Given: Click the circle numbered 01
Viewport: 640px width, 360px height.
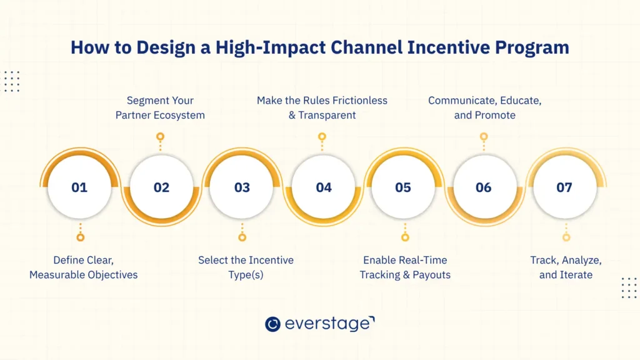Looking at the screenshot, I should (79, 187).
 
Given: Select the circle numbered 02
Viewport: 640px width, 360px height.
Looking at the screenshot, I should (161, 187).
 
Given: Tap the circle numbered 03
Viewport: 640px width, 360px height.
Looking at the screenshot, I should (241, 187).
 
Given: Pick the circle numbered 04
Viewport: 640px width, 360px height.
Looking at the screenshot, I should (322, 187).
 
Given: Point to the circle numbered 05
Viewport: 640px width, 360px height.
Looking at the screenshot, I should (403, 187).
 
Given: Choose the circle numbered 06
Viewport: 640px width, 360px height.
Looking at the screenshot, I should (484, 187).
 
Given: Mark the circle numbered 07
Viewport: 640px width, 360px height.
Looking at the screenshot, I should (564, 187).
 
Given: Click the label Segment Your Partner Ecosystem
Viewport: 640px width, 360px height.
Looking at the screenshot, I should (160, 107).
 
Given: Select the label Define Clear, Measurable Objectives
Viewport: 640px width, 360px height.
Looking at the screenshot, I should (83, 267).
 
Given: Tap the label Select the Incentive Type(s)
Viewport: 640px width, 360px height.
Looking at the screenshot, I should (246, 267).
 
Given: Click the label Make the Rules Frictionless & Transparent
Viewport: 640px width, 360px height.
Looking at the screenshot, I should (322, 107).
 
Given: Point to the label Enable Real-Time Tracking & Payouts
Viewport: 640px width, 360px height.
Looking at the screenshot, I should (405, 267).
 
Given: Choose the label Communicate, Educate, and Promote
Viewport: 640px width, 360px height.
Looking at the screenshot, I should (484, 107).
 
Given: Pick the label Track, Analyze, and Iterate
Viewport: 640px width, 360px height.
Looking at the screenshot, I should (566, 267).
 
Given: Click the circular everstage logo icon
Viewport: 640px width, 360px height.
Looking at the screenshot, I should (272, 324).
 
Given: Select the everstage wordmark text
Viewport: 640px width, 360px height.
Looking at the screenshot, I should (329, 324).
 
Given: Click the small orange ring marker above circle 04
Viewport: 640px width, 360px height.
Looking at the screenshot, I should (322, 136).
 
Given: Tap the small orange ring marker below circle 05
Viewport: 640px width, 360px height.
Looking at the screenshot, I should (404, 237).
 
